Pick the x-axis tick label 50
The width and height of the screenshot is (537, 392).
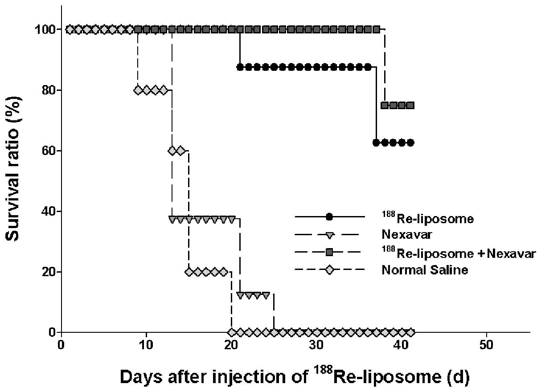[x=486, y=345]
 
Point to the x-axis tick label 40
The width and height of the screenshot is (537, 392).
[x=402, y=345]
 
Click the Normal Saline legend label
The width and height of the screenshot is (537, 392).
[x=425, y=270]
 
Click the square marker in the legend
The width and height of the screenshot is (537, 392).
[x=329, y=253]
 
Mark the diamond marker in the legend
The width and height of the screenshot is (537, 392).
[x=329, y=270]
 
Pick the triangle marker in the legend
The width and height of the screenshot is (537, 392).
[x=329, y=235]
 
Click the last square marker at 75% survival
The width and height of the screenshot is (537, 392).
[x=410, y=105]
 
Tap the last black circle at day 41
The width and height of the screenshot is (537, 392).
[x=410, y=143]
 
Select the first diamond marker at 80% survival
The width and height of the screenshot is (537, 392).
[x=138, y=90]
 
